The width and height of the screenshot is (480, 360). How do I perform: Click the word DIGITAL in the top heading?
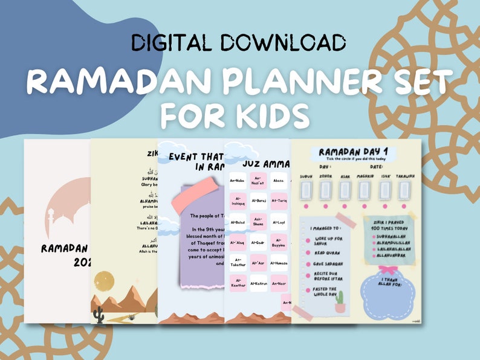[x=170, y=42]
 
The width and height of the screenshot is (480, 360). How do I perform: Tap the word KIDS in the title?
[x=265, y=114]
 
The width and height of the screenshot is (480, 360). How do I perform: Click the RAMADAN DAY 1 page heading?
[x=355, y=152]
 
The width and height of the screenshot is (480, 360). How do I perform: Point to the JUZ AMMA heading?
[x=265, y=162]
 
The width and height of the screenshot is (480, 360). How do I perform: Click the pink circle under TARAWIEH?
[x=404, y=205]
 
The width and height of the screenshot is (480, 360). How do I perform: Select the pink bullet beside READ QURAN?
[x=308, y=253]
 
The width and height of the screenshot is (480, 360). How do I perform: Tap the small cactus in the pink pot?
[x=340, y=301]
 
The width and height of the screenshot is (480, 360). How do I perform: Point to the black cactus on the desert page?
[x=99, y=315]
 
